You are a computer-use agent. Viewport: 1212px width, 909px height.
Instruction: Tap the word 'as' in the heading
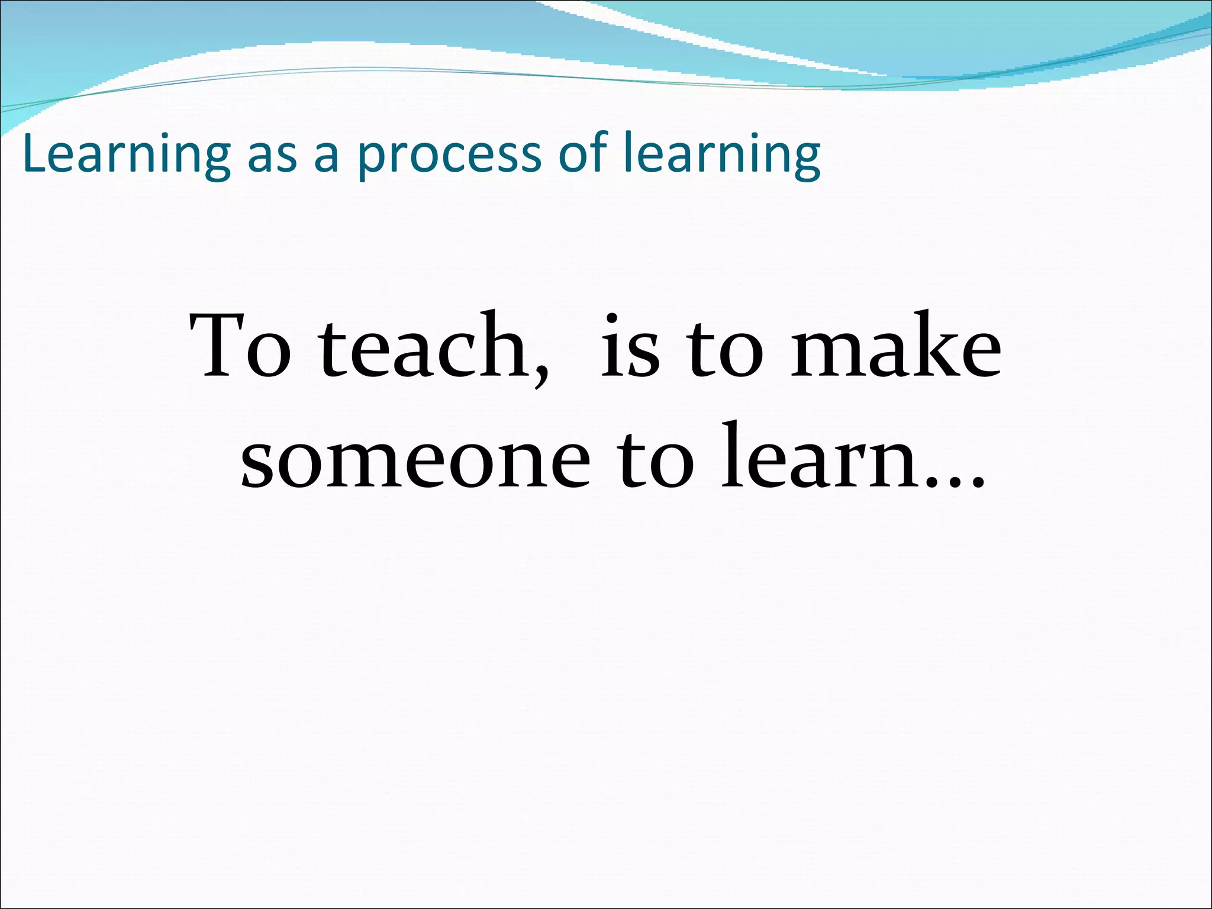click(272, 157)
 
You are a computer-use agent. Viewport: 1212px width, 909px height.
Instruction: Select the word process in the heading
click(449, 158)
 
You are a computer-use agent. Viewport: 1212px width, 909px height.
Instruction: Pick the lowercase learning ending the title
click(722, 155)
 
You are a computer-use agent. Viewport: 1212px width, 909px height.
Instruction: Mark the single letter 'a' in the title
click(326, 158)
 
